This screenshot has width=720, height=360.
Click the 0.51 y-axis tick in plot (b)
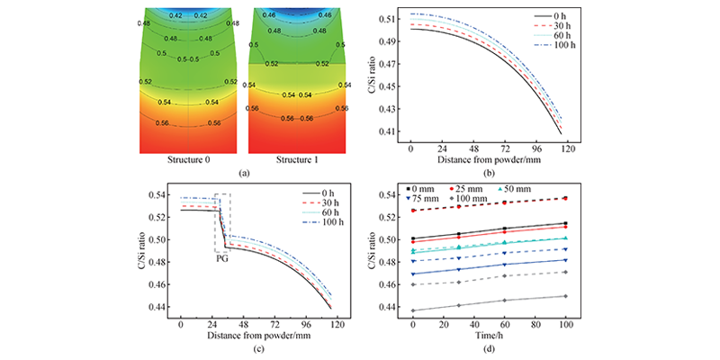click(x=389, y=19)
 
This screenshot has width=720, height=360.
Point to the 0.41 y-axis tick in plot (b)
click(x=389, y=132)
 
